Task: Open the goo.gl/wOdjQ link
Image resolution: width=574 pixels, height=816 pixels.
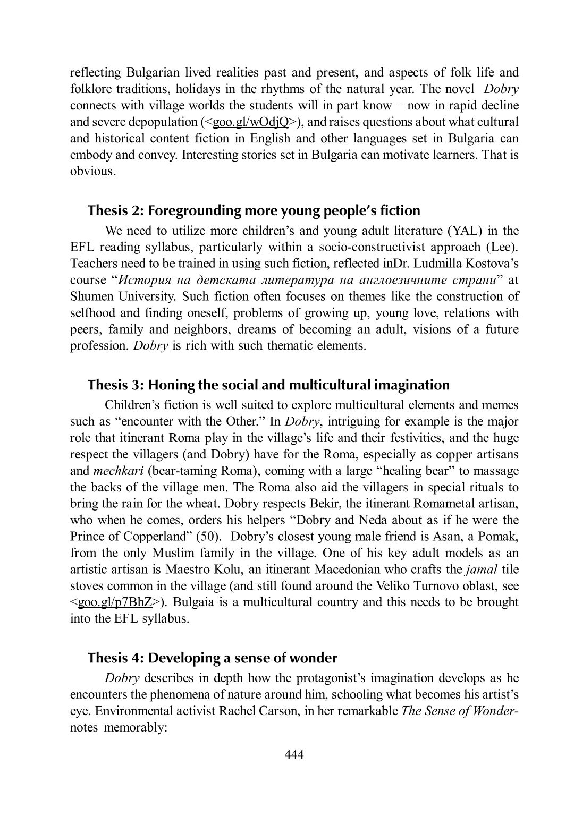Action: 250,122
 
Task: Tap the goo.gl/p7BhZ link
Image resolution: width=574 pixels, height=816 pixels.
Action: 115,602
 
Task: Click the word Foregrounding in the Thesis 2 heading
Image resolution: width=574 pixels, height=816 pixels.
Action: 195,210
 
